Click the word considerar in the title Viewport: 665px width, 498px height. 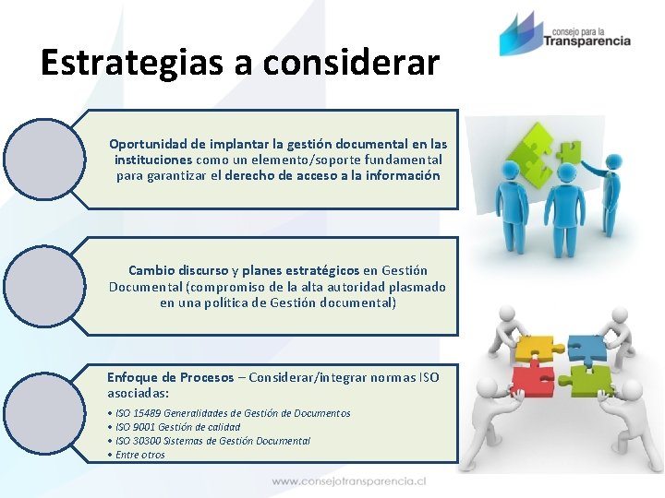[x=351, y=62]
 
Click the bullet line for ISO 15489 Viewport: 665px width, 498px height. [x=231, y=413]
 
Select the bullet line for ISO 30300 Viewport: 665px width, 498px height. [x=212, y=441]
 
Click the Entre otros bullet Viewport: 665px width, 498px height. [x=139, y=455]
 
